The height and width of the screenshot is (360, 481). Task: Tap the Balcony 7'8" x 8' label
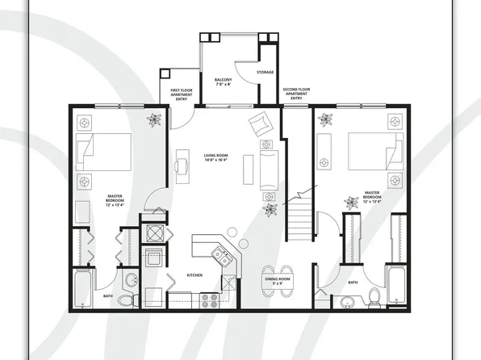point(224,82)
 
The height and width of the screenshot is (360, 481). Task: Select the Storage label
point(265,73)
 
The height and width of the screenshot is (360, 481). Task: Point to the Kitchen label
point(194,276)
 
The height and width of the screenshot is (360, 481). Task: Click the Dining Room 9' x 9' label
point(278,281)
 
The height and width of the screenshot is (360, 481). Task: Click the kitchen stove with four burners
point(208,300)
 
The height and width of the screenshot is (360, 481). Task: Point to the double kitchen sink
point(220,257)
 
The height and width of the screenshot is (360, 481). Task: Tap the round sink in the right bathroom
point(348,302)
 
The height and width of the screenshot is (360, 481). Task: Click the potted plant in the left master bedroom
point(153,119)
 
